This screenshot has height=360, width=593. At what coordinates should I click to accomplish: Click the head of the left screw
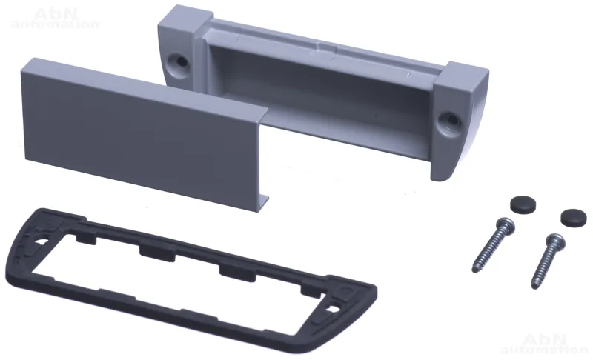coord(506,225)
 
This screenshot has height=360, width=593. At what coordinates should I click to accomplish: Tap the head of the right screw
coord(555,241)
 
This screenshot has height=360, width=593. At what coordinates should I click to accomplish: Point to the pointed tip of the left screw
coord(474,271)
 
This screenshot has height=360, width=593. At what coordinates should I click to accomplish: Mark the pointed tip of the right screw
coord(533,287)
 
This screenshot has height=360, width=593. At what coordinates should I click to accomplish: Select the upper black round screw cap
coord(523,204)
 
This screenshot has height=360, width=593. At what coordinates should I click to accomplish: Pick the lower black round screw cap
coord(573,217)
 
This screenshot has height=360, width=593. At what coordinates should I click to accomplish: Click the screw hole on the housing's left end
coord(177,61)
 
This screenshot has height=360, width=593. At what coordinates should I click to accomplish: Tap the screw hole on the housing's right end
coord(451,121)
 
